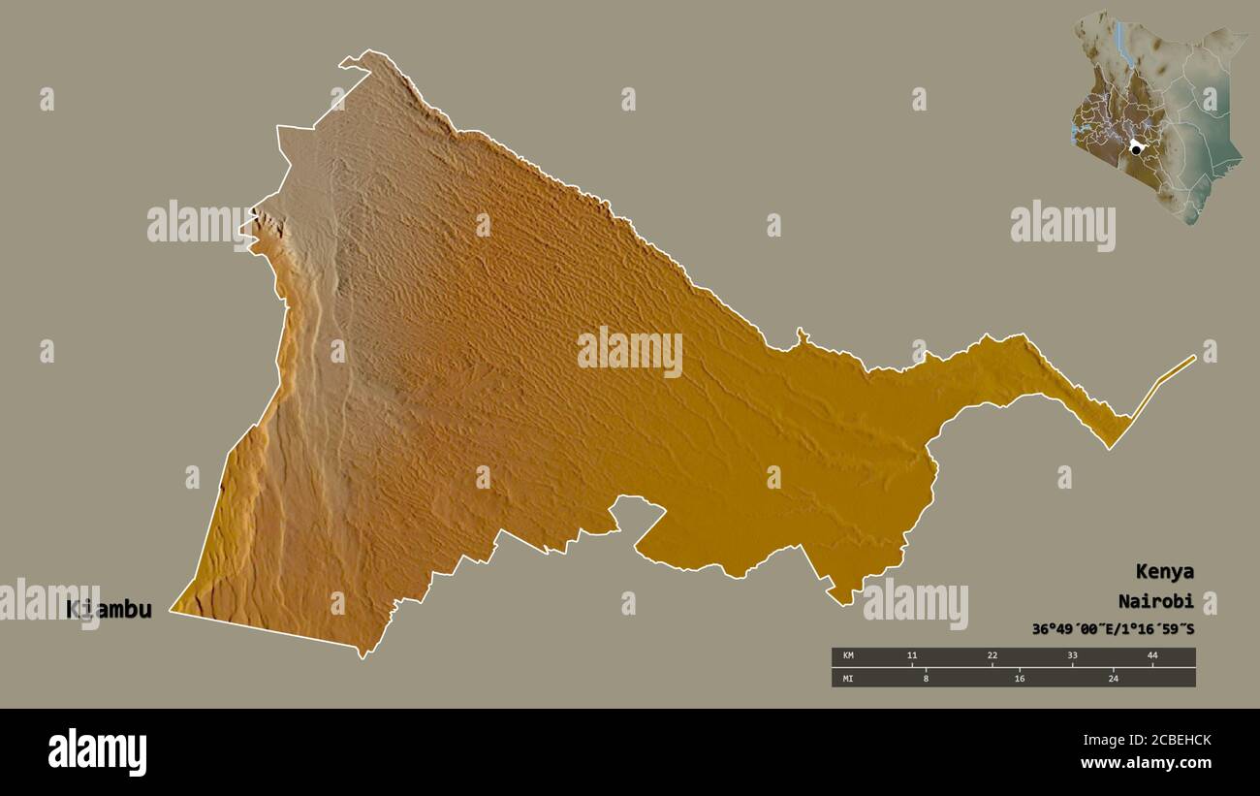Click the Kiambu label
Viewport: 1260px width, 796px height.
(109, 610)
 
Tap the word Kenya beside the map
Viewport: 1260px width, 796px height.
(1165, 571)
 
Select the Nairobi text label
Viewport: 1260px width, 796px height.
(1154, 600)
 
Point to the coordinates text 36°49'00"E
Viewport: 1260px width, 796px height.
(1073, 629)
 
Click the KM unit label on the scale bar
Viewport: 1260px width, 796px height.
(848, 656)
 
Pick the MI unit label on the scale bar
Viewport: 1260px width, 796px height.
(848, 678)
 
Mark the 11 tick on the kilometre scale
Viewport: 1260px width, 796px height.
(911, 656)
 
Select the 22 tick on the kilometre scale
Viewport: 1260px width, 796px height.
(992, 656)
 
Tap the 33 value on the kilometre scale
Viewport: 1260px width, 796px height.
(1072, 656)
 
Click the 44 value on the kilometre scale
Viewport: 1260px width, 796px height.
(1152, 656)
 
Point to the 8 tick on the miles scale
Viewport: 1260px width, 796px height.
(926, 678)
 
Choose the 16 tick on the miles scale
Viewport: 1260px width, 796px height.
(1019, 678)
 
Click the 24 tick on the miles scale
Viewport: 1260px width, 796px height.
(1113, 678)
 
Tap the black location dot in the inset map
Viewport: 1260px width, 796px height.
(1136, 149)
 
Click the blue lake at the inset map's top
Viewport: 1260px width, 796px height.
(1118, 39)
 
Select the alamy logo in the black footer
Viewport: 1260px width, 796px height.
(97, 752)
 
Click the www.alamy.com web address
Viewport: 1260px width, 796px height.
(1146, 764)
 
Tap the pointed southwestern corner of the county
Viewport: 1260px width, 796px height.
(174, 610)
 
